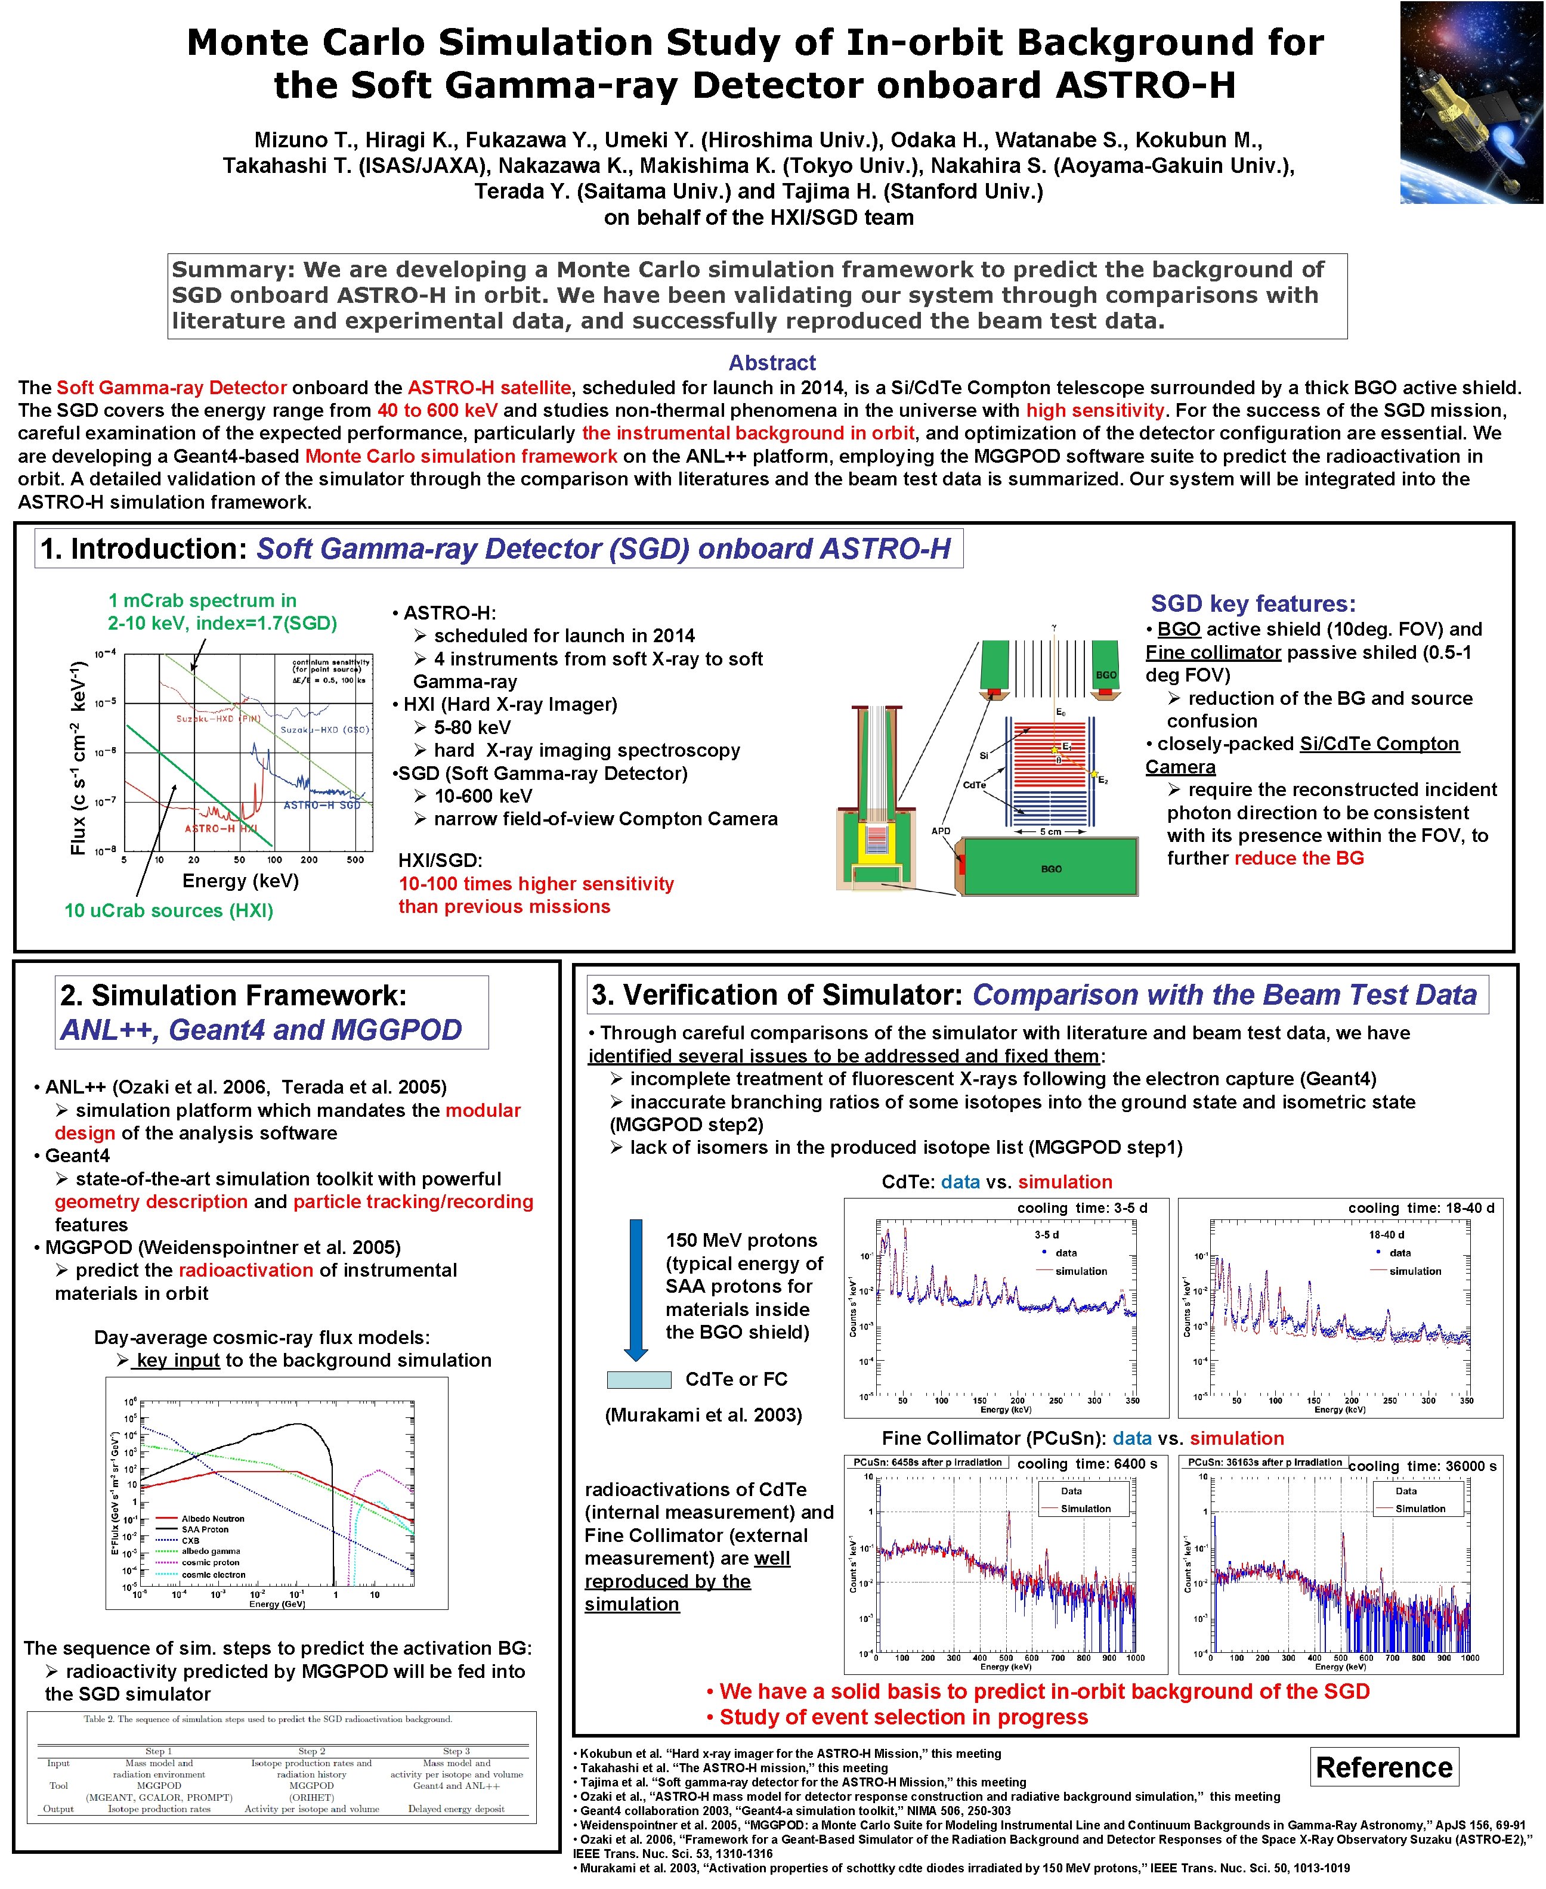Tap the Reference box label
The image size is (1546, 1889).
pos(1383,1767)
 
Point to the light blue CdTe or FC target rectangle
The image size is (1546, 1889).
pos(639,1380)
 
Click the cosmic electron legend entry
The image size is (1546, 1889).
pos(213,1575)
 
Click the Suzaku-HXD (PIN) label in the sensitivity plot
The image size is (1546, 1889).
pos(217,717)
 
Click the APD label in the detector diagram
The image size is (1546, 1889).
pos(941,831)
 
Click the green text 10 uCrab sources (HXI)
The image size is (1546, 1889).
pos(168,910)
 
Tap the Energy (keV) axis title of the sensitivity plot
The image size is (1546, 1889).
pos(240,881)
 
